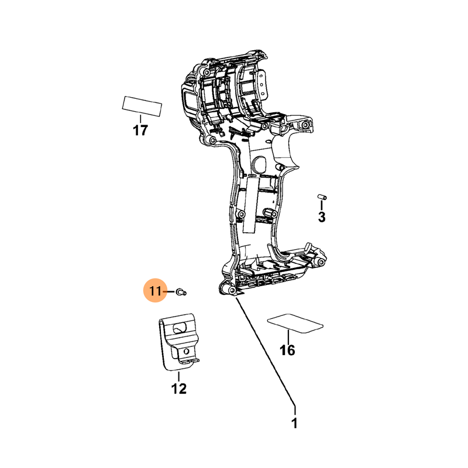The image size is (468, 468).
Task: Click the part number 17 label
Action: click(140, 130)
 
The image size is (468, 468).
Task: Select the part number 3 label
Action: click(321, 217)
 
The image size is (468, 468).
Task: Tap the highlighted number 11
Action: click(155, 291)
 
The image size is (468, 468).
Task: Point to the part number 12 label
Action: click(179, 388)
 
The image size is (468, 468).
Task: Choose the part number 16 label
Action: click(287, 350)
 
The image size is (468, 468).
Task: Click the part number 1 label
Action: click(294, 423)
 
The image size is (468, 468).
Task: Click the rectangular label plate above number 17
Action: click(142, 106)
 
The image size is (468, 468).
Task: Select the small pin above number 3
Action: click(322, 197)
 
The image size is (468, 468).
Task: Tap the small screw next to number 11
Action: click(181, 291)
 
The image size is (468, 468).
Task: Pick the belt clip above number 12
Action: click(178, 342)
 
